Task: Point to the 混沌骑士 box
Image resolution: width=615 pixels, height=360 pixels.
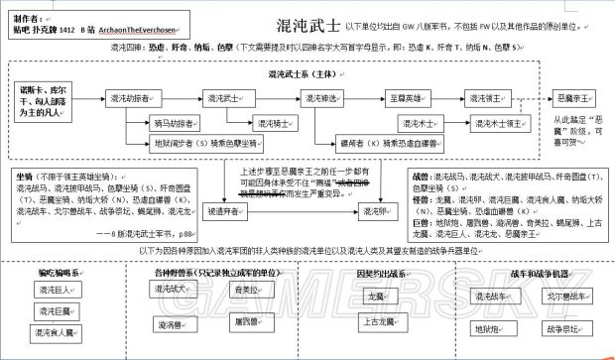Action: click(250, 124)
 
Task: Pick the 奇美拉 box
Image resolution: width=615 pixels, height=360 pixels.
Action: click(245, 289)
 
